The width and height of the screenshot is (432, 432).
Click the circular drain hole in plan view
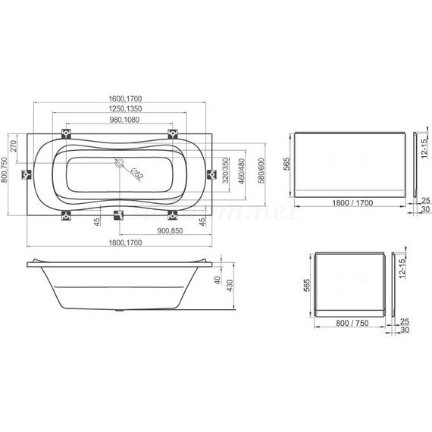pyautogui.click(x=119, y=162)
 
